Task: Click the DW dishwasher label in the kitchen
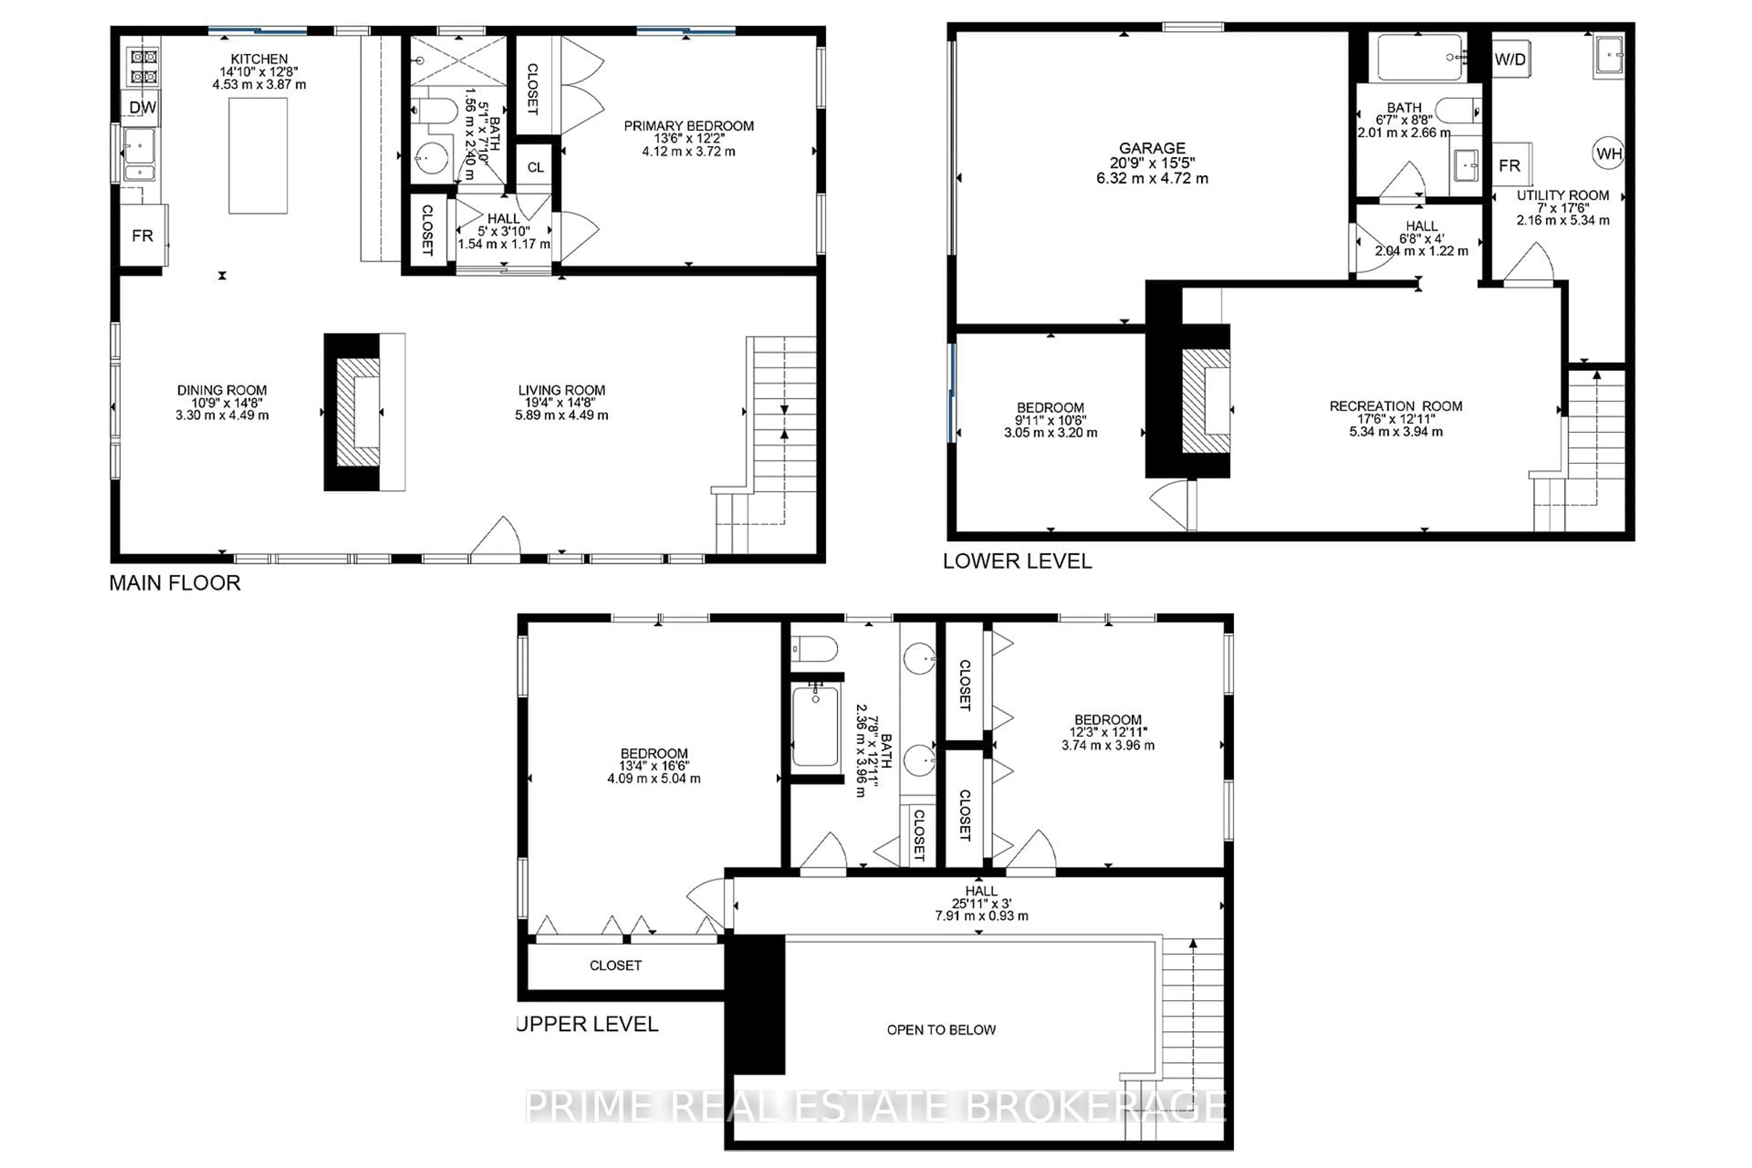[142, 107]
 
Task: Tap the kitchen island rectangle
[258, 156]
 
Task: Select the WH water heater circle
[1609, 153]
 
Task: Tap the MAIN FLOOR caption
[175, 583]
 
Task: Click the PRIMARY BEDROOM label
[688, 126]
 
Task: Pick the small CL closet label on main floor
[536, 167]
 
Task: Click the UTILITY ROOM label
[1563, 195]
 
